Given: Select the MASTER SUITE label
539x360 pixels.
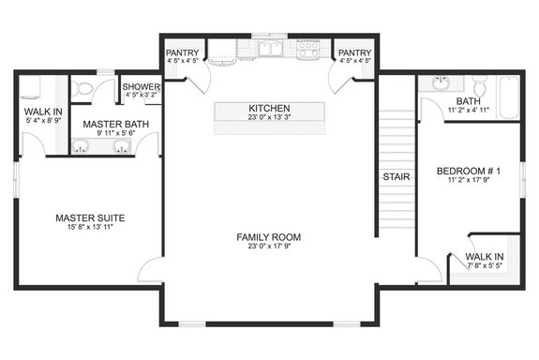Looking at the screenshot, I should [x=90, y=218].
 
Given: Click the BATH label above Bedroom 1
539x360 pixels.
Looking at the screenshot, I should [x=469, y=100].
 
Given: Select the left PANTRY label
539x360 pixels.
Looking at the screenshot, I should [x=182, y=53].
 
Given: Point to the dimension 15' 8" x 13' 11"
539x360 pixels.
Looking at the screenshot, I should [x=90, y=229].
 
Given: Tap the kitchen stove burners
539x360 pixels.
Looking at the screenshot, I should [x=307, y=50].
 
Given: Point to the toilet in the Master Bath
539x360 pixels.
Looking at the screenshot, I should [x=83, y=88].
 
